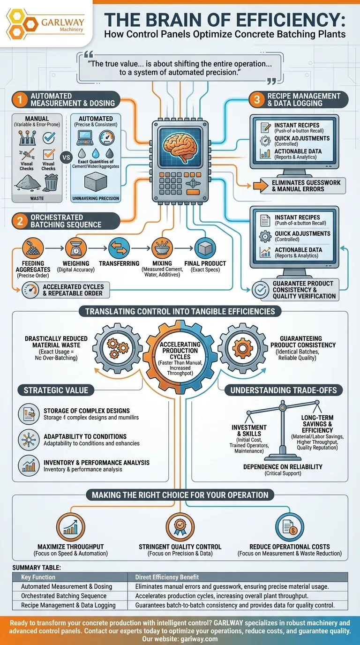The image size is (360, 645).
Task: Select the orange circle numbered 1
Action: coord(19,99)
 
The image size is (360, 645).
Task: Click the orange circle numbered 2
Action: coord(19,221)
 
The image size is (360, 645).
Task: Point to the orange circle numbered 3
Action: coord(257,99)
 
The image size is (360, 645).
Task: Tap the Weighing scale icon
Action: coord(75,247)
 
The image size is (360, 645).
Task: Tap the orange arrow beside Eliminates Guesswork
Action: coord(260,186)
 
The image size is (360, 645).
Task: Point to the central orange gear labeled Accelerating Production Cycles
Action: coord(180,354)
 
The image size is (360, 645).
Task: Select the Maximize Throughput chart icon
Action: coord(71,527)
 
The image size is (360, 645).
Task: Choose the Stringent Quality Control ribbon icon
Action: coord(180,527)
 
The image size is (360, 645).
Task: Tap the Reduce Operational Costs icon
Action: coord(289,527)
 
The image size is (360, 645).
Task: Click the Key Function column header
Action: coord(38,577)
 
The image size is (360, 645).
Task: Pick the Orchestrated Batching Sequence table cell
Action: coord(64,596)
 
